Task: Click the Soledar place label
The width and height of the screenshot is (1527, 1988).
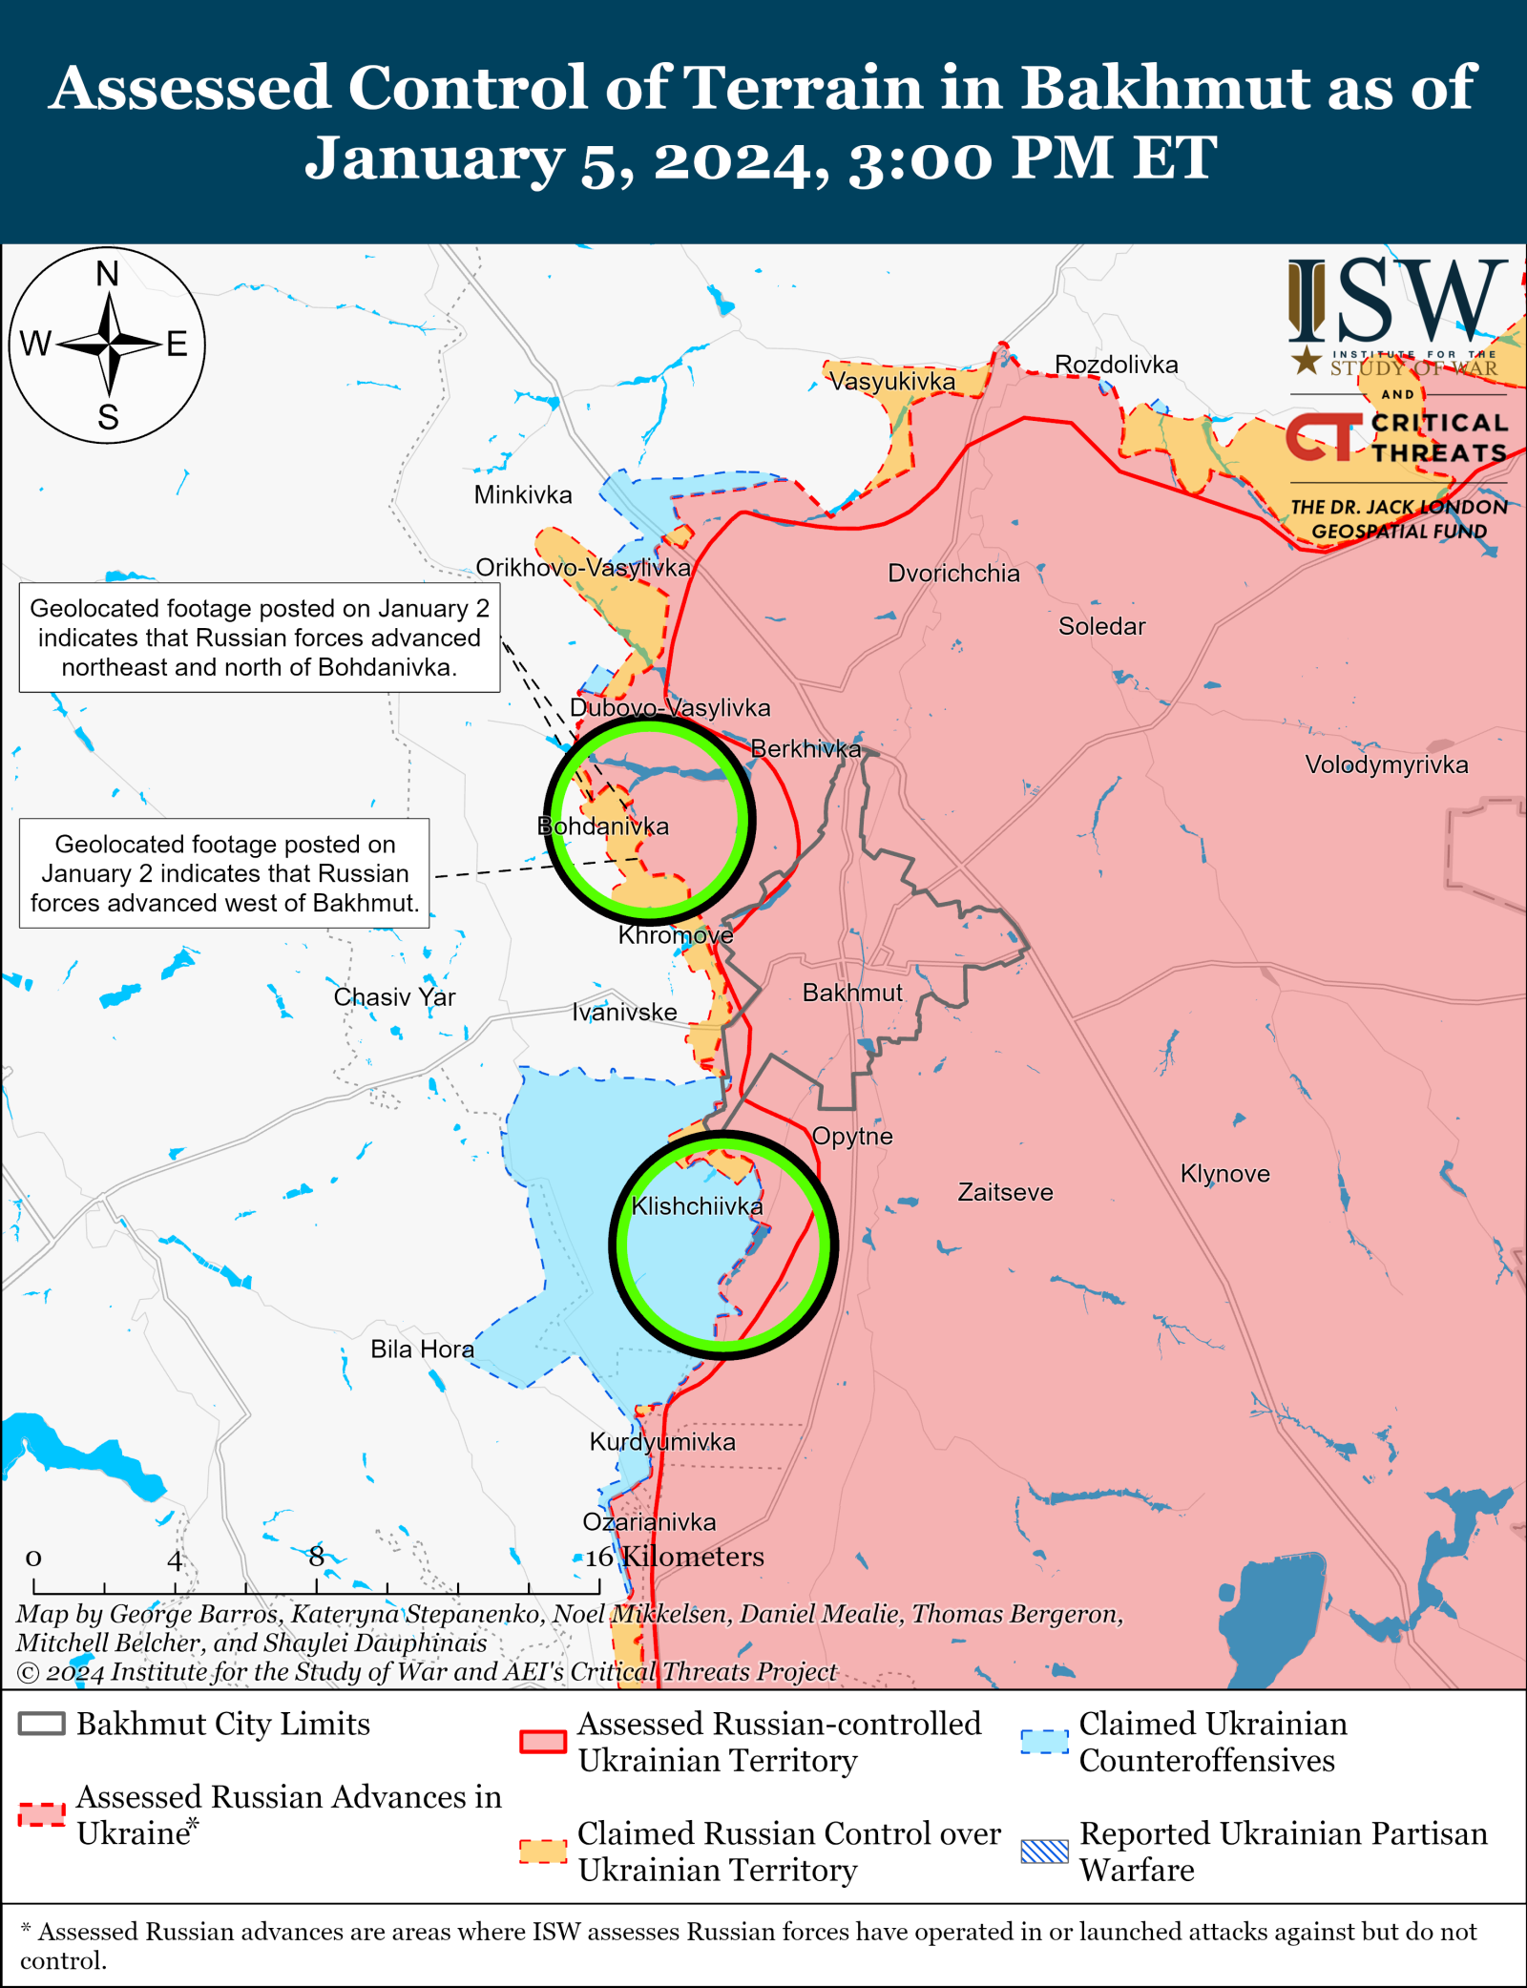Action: [1101, 626]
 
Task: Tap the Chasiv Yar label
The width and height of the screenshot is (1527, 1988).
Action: [394, 996]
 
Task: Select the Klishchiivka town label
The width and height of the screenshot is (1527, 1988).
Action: [697, 1206]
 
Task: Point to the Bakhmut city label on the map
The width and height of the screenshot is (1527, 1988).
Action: [851, 993]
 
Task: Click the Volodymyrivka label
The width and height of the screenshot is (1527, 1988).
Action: [1386, 764]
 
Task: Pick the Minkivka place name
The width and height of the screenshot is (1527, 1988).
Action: [523, 494]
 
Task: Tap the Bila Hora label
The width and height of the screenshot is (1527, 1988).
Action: [422, 1349]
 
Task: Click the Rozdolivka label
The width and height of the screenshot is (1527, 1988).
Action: [1116, 365]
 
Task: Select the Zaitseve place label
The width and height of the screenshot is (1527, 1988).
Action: [1005, 1192]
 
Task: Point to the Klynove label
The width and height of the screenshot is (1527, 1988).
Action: [1224, 1173]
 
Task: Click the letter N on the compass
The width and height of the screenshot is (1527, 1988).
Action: [108, 275]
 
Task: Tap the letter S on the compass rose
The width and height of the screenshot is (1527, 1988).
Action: [108, 417]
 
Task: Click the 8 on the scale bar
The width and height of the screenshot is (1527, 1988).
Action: [316, 1556]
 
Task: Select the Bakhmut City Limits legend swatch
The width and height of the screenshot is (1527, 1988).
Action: [42, 1724]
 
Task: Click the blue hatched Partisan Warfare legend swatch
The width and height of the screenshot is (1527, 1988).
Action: [1044, 1852]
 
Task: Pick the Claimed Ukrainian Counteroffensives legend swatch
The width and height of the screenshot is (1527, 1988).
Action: [1044, 1742]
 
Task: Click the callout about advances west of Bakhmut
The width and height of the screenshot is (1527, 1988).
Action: [224, 872]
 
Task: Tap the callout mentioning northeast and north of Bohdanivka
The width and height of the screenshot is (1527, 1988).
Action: [260, 637]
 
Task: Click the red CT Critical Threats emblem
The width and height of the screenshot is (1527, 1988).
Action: [1323, 437]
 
